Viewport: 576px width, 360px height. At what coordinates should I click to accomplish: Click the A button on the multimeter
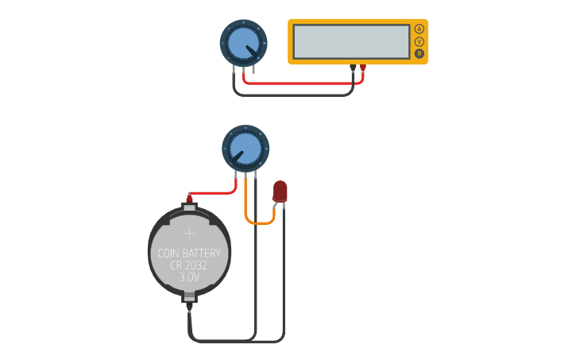point(419,29)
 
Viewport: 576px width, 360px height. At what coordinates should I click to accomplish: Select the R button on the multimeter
point(419,54)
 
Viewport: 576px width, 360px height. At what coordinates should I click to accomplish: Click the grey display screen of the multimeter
point(351,41)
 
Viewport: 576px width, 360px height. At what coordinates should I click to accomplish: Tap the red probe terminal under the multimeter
point(363,68)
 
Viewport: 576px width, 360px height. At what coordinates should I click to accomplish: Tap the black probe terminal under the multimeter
point(353,68)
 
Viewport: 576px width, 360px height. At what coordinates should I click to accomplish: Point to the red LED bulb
point(280,191)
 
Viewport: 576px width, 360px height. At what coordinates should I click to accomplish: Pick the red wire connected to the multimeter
point(302,82)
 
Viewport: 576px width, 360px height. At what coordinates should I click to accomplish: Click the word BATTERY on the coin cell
point(205,254)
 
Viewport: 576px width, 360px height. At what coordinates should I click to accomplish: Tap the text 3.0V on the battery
point(189,278)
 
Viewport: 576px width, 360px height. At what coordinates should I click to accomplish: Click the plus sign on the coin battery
point(189,233)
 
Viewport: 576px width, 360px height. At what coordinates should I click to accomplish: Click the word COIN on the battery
point(168,254)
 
